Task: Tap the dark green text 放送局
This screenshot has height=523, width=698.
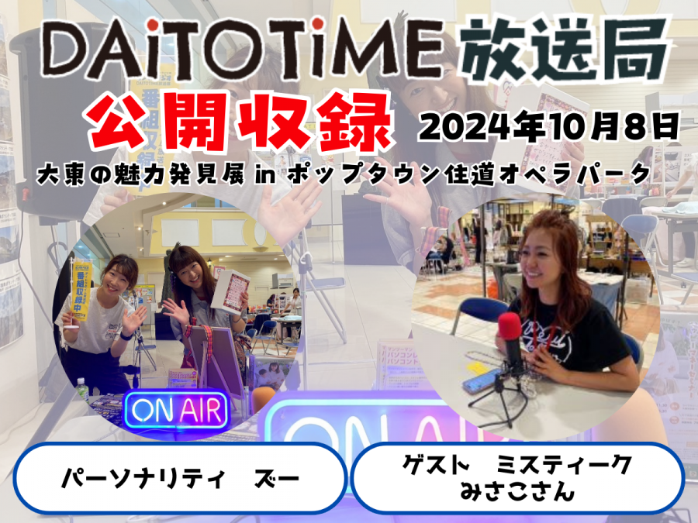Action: tap(565, 50)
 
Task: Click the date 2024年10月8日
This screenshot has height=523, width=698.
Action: tap(548, 127)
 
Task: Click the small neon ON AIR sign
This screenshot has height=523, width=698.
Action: tap(177, 410)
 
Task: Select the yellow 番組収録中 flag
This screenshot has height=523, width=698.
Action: tap(81, 291)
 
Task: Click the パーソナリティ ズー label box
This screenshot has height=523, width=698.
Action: tap(180, 478)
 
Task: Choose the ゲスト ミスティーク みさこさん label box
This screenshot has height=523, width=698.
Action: tap(517, 478)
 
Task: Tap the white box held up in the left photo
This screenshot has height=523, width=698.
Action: tap(230, 289)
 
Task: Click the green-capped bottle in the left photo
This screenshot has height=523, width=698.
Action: tap(81, 389)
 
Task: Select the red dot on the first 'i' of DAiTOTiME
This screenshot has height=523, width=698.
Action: tap(153, 25)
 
